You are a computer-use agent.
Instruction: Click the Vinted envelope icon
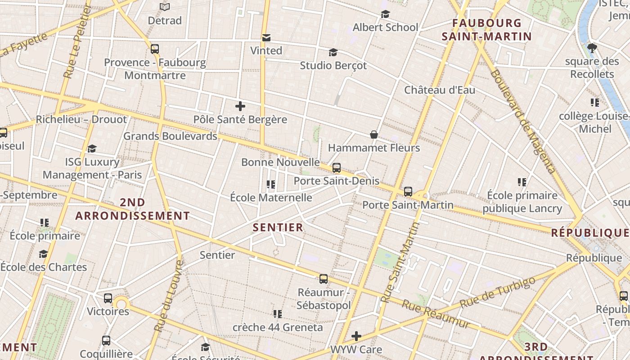click(x=266, y=37)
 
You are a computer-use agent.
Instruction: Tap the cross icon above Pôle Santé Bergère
click(x=240, y=106)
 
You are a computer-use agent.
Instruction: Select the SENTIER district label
click(x=278, y=228)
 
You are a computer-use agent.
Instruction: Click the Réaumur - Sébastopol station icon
click(x=324, y=279)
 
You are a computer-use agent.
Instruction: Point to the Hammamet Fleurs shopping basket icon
click(x=373, y=135)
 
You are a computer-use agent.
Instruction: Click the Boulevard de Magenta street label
click(x=523, y=121)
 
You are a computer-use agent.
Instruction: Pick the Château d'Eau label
click(x=439, y=90)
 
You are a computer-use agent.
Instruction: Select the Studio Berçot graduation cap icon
click(x=333, y=53)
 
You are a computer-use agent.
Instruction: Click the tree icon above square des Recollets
click(x=592, y=48)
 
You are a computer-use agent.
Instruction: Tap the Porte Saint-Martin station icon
click(x=408, y=192)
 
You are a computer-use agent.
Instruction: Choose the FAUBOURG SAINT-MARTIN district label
click(x=486, y=30)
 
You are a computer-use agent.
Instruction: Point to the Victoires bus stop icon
click(x=108, y=298)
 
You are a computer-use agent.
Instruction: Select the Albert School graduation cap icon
click(x=385, y=14)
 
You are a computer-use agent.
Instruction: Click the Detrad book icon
click(x=165, y=7)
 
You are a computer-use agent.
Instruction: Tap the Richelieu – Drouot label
click(x=81, y=120)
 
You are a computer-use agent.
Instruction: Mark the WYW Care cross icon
click(x=356, y=336)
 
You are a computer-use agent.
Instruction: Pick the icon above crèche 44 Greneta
click(x=278, y=314)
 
